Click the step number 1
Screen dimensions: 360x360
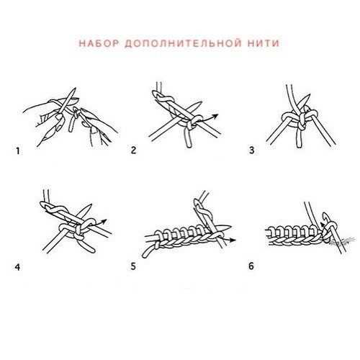coord(16,151)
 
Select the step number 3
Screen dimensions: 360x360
coord(251,151)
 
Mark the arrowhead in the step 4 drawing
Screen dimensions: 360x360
coord(107,221)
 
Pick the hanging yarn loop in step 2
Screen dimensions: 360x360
coord(187,137)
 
